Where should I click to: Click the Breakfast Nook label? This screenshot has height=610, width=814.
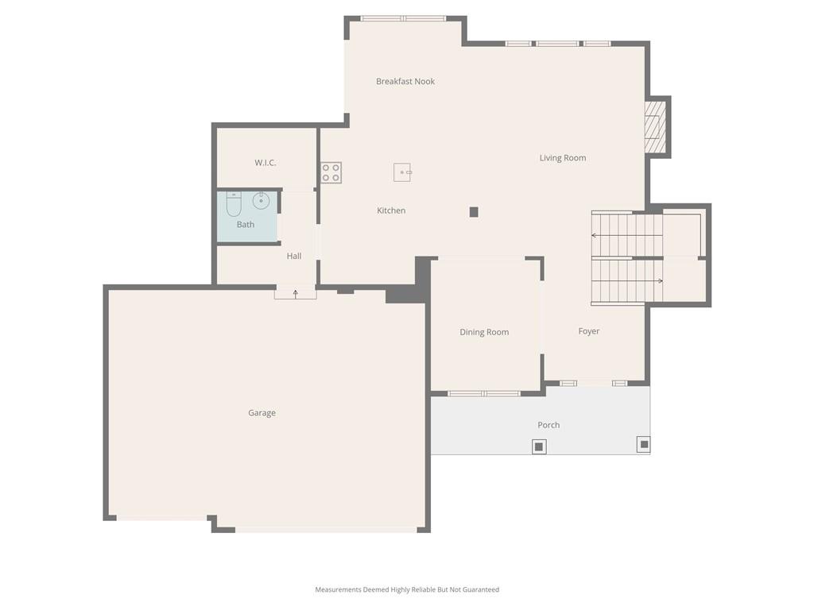pos(405,82)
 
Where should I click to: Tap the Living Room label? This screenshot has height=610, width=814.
pos(563,158)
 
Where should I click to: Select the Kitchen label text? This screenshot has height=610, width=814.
pos(391,210)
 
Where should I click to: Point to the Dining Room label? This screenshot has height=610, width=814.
pos(484,333)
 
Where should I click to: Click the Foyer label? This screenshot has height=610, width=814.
pos(589,331)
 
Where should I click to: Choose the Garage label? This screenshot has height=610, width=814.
pos(262,413)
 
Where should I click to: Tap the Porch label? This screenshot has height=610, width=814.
pos(548,426)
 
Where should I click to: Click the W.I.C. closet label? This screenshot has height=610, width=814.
pos(265,163)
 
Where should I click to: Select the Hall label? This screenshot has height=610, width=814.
pos(294,257)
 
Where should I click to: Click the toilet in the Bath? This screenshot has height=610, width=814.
pos(234,204)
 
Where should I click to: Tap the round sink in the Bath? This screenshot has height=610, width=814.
pos(261,200)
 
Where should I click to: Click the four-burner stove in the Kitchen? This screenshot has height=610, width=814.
pos(331,172)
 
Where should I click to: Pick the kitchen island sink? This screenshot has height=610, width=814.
pos(402,172)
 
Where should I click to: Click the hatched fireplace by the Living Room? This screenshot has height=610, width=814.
pos(655,127)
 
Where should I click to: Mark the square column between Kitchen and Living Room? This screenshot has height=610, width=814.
pos(474,211)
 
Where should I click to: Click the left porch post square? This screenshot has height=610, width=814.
pos(539,446)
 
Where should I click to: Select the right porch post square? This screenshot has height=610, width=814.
pos(644,445)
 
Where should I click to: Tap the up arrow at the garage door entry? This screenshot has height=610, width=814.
pos(296,294)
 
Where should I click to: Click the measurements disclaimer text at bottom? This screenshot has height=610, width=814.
pos(407,590)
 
